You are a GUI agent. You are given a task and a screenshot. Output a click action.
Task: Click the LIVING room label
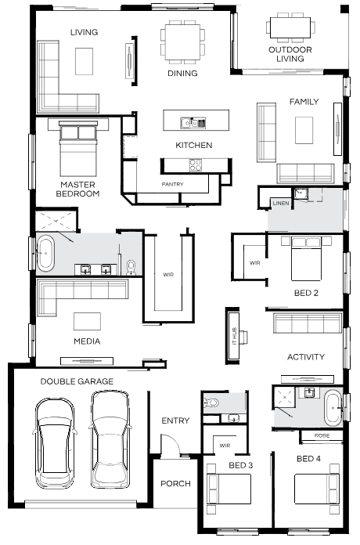84,32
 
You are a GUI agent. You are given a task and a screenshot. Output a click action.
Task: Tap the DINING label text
182,74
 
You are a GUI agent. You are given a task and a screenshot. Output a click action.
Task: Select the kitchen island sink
193,123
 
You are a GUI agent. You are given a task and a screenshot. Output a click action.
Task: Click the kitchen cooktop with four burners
196,164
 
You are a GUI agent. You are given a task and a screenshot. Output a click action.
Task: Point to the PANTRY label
172,184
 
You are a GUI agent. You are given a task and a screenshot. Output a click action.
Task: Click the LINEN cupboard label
281,203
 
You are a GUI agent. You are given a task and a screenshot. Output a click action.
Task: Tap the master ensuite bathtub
45,254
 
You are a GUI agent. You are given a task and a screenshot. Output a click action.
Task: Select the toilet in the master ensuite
131,267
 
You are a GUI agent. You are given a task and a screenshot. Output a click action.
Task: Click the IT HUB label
234,336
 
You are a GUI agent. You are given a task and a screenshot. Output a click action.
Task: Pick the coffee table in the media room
87,321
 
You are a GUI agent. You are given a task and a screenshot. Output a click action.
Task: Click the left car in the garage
55,443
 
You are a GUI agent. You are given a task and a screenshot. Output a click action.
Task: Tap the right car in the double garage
110,439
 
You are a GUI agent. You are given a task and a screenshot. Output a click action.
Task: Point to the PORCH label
175,483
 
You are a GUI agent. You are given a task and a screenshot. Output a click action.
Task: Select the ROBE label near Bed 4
322,435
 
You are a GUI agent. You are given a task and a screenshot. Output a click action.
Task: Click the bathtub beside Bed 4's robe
333,408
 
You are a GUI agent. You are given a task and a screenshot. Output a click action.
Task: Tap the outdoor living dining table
290,27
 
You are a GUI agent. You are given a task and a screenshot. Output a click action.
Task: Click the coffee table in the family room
304,130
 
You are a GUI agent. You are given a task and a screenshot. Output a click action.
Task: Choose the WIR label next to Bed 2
254,263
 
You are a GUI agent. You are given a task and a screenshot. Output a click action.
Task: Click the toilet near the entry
211,402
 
